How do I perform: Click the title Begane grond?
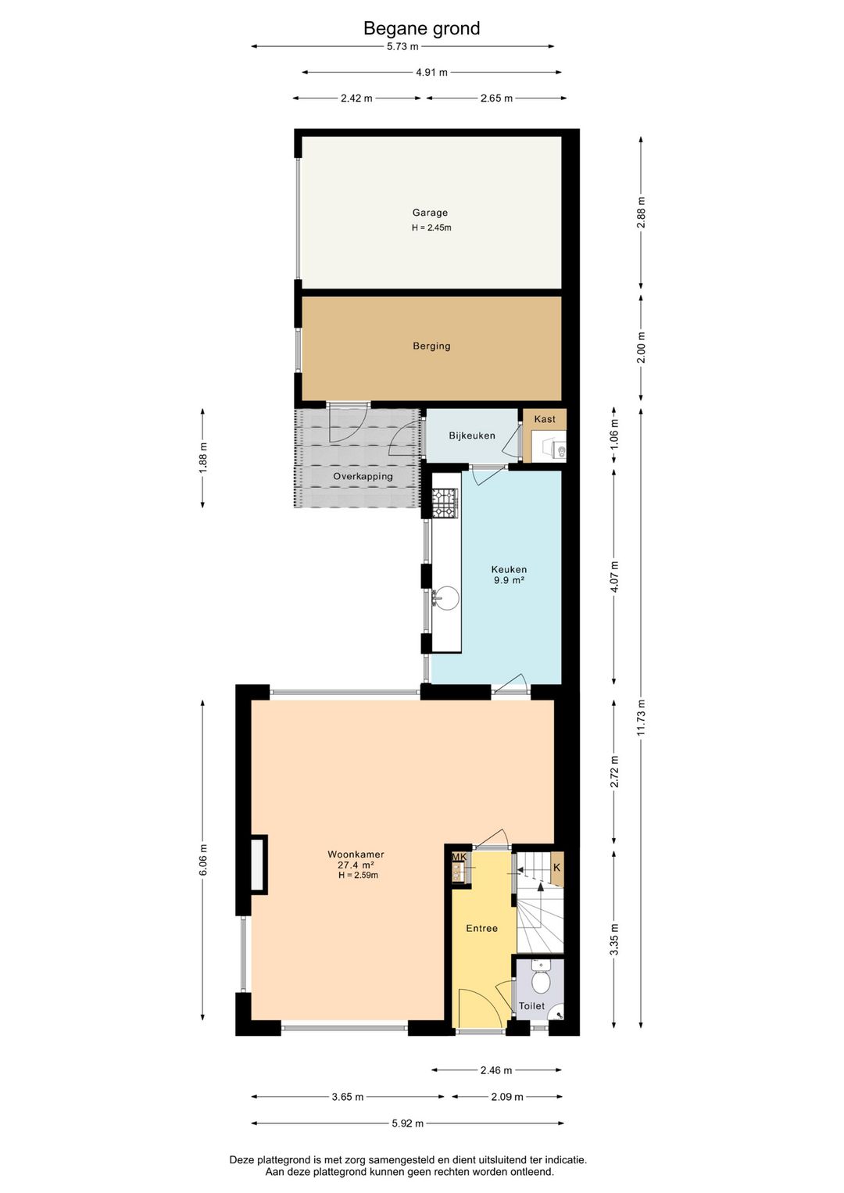coord(421,28)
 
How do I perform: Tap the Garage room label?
coord(430,213)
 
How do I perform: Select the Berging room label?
coord(431,346)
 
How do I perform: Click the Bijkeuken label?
coord(472,435)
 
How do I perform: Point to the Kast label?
coord(544,419)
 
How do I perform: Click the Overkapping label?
coord(363,477)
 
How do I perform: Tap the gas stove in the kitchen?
coord(445,503)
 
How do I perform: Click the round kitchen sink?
coord(445,597)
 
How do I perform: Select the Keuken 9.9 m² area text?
coord(509,575)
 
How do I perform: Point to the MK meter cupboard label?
coord(459,858)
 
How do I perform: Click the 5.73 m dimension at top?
coord(402,46)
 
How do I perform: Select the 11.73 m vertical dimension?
coord(641,718)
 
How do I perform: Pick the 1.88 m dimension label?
coord(203,457)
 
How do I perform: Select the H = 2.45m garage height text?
coord(431,228)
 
